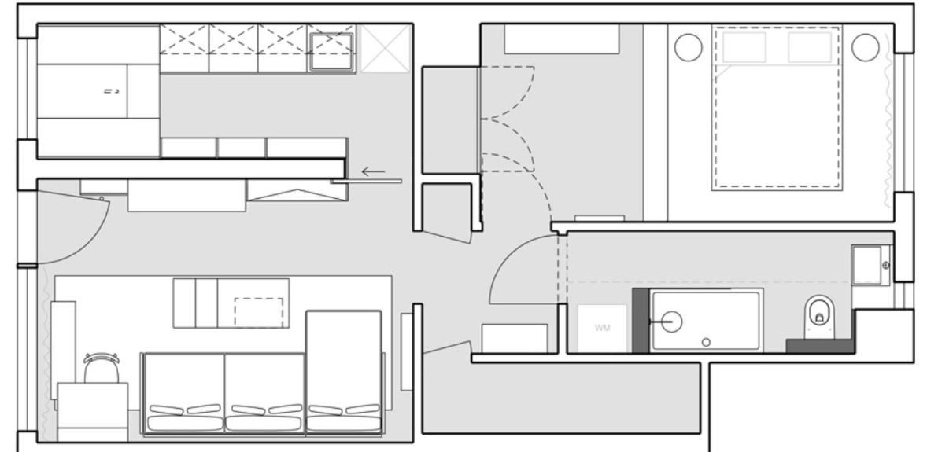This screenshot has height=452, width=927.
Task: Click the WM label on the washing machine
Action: pyautogui.click(x=602, y=327)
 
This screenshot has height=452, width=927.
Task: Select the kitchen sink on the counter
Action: pyautogui.click(x=331, y=52)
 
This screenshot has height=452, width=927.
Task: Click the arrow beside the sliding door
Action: pyautogui.click(x=374, y=171)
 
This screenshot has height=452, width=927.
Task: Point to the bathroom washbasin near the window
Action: pyautogui.click(x=871, y=266)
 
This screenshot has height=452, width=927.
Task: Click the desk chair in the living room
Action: pyautogui.click(x=102, y=367)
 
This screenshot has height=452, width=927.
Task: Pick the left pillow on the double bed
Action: pyautogui.click(x=744, y=48)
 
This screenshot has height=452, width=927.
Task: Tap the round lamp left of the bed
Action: pyautogui.click(x=688, y=47)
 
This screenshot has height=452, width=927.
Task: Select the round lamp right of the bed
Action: pyautogui.click(x=865, y=47)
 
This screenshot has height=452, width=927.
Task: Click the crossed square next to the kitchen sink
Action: pyautogui.click(x=385, y=49)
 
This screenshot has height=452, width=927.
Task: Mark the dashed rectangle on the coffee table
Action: pyautogui.click(x=259, y=312)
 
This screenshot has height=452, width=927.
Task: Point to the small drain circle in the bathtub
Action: pyautogui.click(x=706, y=341)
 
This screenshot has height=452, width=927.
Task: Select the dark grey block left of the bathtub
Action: pyautogui.click(x=641, y=321)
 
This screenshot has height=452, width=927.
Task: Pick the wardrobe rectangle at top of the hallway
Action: pyautogui.click(x=561, y=39)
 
